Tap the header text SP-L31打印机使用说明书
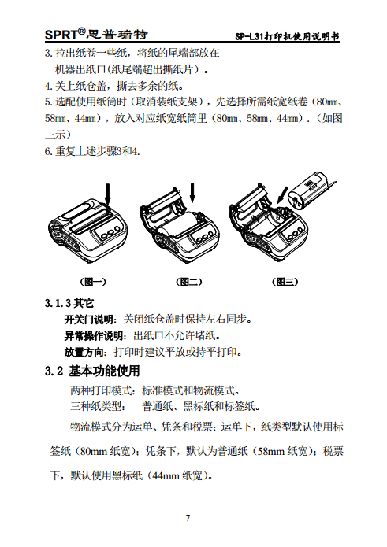click(288, 37)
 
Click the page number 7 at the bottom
click(188, 517)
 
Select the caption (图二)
click(187, 281)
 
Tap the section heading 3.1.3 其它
click(69, 303)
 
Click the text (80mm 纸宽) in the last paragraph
click(107, 452)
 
